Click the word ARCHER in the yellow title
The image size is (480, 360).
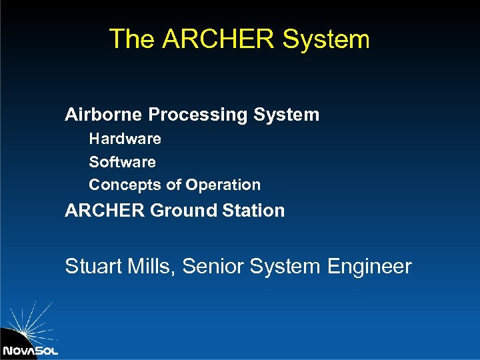219,39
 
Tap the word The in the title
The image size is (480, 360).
132,39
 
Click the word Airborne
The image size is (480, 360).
104,115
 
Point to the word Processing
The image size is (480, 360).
198,115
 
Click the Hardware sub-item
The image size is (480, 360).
125,139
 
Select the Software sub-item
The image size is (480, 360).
123,162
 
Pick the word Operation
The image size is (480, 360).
223,185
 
